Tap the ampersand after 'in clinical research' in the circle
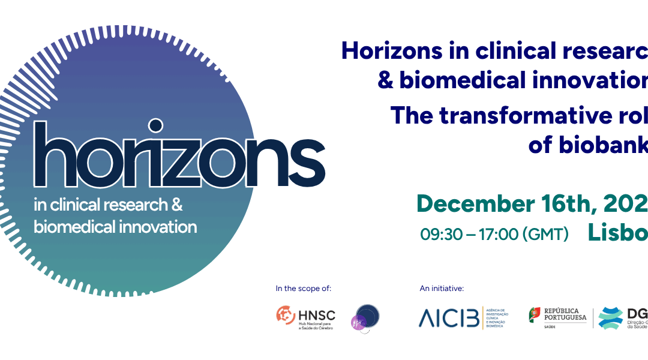tap(177, 205)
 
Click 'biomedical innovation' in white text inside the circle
tap(115, 227)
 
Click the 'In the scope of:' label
tap(303, 289)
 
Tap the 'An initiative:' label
tap(442, 289)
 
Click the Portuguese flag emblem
tap(533, 314)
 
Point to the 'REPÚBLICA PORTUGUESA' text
tap(565, 314)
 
